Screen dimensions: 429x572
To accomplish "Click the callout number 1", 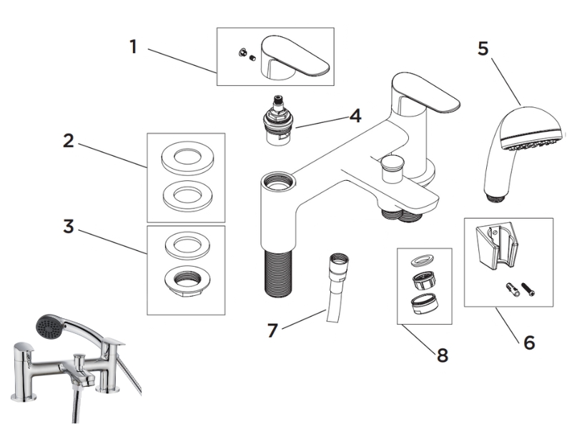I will tap(133, 47).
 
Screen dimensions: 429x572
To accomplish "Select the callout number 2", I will tap(69, 141).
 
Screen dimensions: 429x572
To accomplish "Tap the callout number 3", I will tap(69, 227).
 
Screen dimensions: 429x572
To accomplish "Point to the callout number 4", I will tap(355, 115).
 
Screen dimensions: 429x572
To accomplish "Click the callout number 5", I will tap(483, 49).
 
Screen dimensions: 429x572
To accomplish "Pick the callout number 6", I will tap(529, 342).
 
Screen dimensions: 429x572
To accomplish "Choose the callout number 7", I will tap(272, 331).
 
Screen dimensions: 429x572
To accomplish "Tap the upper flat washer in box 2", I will tap(186, 157).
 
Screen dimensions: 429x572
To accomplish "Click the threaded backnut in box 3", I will tap(186, 280).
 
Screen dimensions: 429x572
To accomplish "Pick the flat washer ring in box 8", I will tap(424, 258).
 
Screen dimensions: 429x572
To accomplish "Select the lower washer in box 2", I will tap(186, 194).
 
